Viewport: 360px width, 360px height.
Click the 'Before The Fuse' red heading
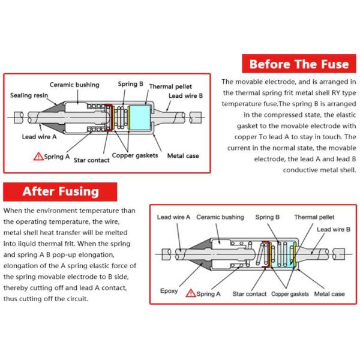299,64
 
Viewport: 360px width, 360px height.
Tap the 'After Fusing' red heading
60,192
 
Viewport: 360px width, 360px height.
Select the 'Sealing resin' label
29,95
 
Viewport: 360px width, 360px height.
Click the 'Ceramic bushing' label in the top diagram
74,85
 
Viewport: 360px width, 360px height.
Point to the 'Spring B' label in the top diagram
130,84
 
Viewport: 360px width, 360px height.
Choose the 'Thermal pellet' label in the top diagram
170,86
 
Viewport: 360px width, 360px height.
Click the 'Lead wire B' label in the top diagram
186,96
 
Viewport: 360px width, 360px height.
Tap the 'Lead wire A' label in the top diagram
39,137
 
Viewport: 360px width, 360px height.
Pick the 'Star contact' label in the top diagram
92,160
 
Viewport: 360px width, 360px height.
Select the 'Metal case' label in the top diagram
183,155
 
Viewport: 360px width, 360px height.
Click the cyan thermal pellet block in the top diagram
140,118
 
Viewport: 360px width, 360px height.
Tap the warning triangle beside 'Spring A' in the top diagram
38,157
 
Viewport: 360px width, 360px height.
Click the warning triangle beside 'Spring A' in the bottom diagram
191,293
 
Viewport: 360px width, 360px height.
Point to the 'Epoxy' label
169,291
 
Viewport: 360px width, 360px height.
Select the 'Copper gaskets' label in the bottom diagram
290,294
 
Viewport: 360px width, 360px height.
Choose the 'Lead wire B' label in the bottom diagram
334,229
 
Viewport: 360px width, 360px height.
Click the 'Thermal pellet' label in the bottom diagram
314,217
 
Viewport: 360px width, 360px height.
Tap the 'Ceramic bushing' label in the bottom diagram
220,217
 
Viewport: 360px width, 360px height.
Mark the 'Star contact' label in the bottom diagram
250,294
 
